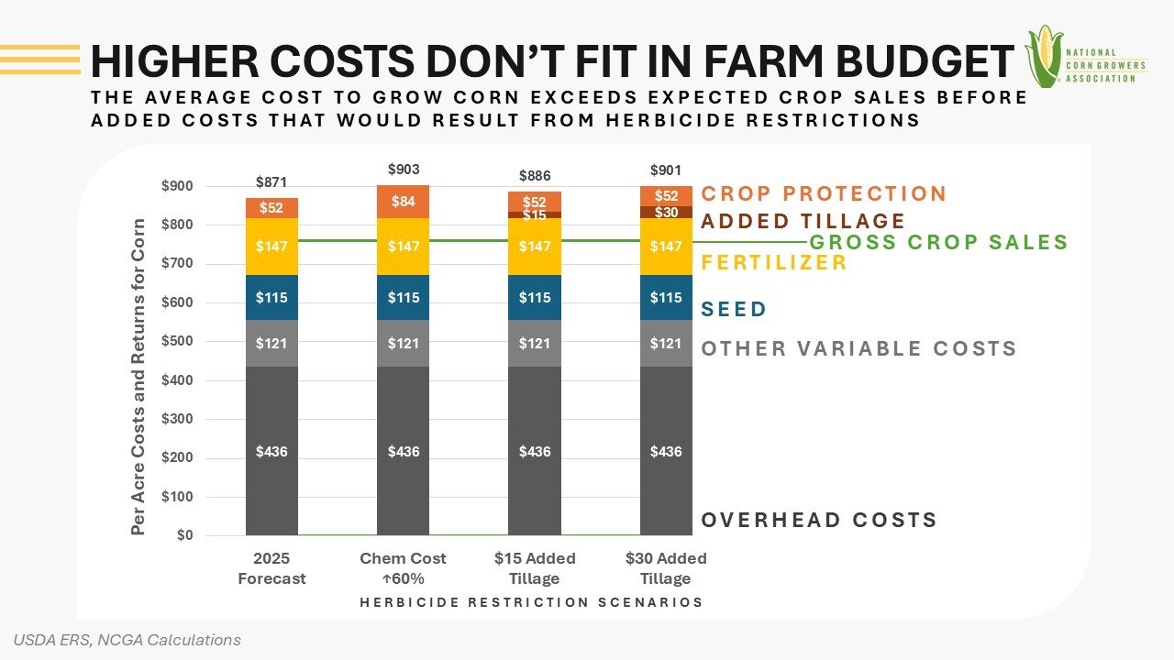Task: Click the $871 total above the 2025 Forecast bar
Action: (x=271, y=182)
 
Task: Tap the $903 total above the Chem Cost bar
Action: (x=404, y=170)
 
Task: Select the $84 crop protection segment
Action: (x=404, y=202)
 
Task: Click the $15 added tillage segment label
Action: (x=535, y=215)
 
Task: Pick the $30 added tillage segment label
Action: (x=666, y=213)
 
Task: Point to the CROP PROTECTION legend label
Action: (x=824, y=194)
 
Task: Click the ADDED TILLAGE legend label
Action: (x=803, y=221)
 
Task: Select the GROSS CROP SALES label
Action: (x=938, y=243)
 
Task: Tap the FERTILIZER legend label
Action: (x=774, y=263)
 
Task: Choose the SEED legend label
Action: (x=734, y=309)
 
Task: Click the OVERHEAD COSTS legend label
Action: (x=819, y=521)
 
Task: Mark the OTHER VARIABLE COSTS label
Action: (x=858, y=349)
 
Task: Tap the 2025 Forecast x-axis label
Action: (x=271, y=568)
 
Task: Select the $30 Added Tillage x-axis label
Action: (x=666, y=568)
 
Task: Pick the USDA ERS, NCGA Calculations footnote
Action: (x=127, y=640)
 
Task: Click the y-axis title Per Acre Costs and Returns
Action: (x=138, y=377)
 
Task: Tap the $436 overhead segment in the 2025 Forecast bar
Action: (x=271, y=452)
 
